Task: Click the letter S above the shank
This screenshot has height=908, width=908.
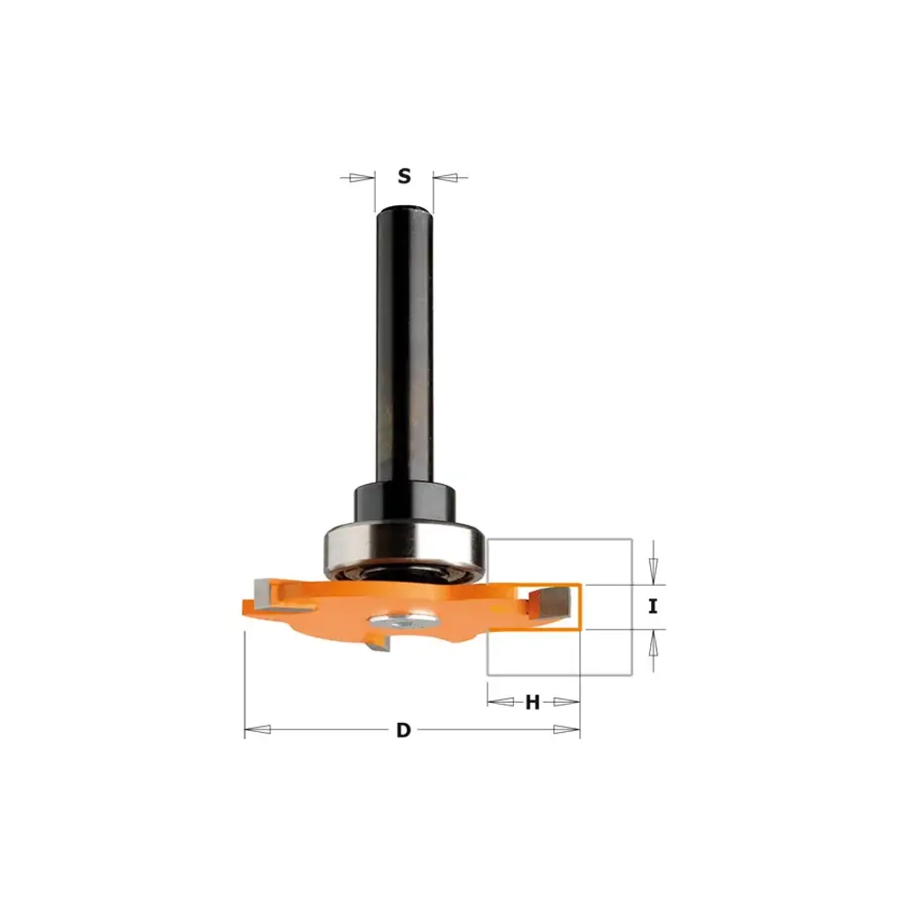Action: [x=404, y=175]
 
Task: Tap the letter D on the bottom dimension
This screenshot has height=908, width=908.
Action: [x=403, y=730]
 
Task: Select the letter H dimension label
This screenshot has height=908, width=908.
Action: [x=532, y=703]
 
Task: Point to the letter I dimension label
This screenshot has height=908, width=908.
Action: [x=653, y=607]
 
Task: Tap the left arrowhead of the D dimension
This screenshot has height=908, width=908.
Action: [x=258, y=730]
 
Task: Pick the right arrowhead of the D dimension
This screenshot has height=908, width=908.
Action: [x=567, y=730]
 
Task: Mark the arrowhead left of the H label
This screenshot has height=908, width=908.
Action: [x=500, y=702]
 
